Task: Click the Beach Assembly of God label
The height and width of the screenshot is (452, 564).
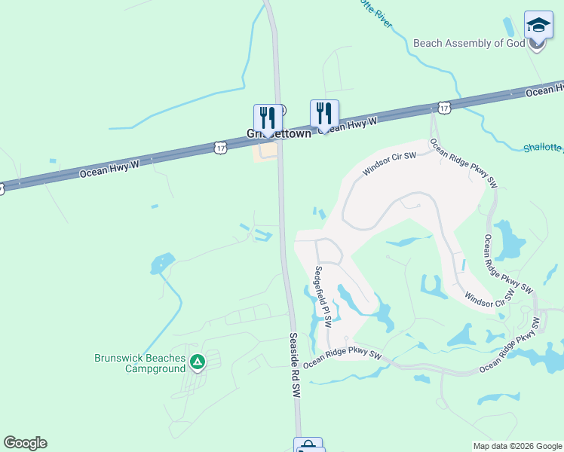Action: (468, 43)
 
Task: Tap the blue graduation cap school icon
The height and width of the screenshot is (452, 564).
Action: (538, 26)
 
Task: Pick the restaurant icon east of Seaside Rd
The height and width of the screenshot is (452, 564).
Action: (324, 114)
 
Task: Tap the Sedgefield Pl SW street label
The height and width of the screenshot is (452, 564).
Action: (323, 296)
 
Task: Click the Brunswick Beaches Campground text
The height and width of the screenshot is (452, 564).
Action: (139, 364)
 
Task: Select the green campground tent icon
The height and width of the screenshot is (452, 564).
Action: (197, 363)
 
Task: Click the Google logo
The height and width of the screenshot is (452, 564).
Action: (25, 443)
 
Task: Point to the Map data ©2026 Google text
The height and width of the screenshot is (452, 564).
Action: (517, 446)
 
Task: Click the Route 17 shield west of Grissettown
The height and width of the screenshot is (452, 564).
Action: (219, 148)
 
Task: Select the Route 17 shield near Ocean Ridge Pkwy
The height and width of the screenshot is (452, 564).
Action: (444, 108)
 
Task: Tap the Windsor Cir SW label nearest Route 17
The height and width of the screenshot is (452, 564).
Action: (390, 163)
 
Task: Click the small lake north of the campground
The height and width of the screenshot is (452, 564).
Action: (161, 264)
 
